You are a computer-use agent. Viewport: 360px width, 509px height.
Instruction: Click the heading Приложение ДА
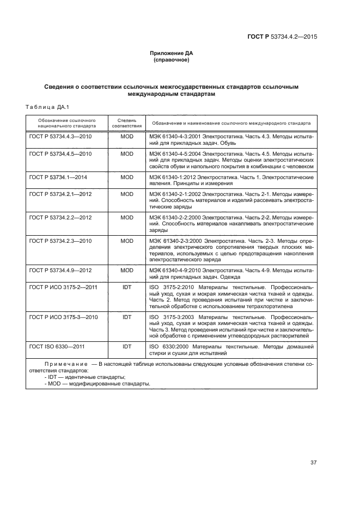[x=172, y=53]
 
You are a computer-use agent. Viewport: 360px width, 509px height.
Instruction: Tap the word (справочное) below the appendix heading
[x=172, y=60]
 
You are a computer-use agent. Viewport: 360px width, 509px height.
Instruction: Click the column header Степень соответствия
[x=127, y=122]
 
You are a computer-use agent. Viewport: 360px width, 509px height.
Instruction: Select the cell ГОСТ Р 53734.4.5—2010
[x=60, y=154]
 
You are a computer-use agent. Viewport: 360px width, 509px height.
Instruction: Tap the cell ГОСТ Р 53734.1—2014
[x=58, y=177]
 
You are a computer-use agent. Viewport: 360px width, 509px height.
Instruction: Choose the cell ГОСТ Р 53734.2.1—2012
[x=60, y=194]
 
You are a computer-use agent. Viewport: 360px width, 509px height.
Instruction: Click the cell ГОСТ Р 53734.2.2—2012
[x=60, y=217]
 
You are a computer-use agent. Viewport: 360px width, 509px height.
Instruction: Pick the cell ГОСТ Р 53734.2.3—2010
[x=60, y=241]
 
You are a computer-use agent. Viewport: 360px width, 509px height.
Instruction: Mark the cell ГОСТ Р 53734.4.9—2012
[x=60, y=271]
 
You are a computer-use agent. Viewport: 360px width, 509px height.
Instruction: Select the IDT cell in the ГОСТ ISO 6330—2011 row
[x=127, y=346]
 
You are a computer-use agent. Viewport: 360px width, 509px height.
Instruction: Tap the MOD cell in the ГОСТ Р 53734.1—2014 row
[x=127, y=177]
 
